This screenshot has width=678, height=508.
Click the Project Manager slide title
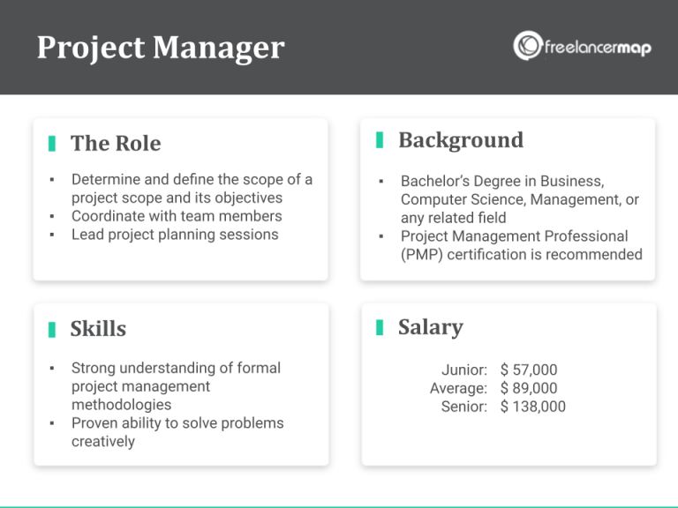(x=161, y=48)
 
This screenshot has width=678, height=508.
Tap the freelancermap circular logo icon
(x=528, y=46)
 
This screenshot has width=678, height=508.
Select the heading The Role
(x=116, y=143)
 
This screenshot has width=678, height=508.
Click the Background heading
(x=460, y=140)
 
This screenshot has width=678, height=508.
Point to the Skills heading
(x=98, y=329)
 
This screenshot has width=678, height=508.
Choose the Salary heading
(x=430, y=327)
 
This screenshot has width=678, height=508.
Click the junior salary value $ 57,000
(x=529, y=370)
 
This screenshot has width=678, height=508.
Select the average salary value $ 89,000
(x=529, y=388)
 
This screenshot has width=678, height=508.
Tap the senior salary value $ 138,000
(x=532, y=407)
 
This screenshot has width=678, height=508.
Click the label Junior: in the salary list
(x=464, y=370)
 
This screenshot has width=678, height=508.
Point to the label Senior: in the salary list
(x=464, y=407)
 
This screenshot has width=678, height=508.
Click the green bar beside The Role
(x=52, y=143)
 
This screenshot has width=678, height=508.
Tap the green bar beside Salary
(x=380, y=327)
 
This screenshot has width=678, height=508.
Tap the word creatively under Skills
(x=103, y=442)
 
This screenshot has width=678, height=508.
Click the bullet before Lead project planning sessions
(x=52, y=235)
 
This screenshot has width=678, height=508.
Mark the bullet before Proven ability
(x=52, y=423)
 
